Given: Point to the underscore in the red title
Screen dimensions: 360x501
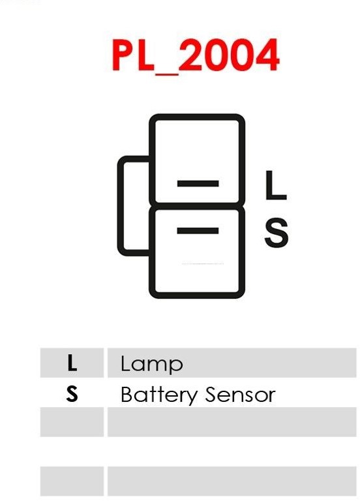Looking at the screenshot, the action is (166, 73).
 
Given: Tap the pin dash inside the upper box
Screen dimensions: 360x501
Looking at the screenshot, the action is (198, 183).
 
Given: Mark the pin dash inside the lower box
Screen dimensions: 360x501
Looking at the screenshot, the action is (198, 231).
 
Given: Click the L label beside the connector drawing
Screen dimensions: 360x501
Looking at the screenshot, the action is (276, 185).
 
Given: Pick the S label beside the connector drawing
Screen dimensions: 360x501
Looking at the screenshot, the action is (277, 232).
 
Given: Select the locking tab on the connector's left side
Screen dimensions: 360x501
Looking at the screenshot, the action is (121, 205).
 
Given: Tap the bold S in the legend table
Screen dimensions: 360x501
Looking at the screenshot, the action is (72, 393).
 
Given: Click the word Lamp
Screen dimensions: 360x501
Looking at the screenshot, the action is (151, 364).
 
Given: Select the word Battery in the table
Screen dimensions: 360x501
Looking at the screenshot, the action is (159, 395).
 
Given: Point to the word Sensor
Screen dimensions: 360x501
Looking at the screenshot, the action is (240, 394).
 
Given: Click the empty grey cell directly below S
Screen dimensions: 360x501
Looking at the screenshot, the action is (72, 422).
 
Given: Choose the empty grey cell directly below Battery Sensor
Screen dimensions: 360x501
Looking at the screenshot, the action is (232, 422).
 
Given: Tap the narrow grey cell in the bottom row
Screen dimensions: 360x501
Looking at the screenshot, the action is (72, 481).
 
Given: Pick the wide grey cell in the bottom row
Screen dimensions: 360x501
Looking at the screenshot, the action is (232, 481).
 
